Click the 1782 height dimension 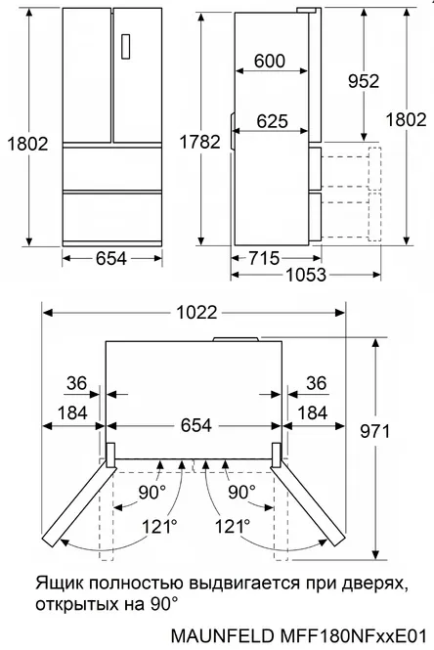[x=199, y=142]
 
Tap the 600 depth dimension [x=270, y=61]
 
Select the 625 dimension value [x=272, y=121]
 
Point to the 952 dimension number [x=364, y=81]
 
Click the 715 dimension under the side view [x=264, y=258]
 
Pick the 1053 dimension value [x=306, y=275]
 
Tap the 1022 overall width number [x=196, y=312]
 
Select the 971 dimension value [x=374, y=431]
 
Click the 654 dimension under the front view [x=111, y=258]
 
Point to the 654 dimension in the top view [x=196, y=425]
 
